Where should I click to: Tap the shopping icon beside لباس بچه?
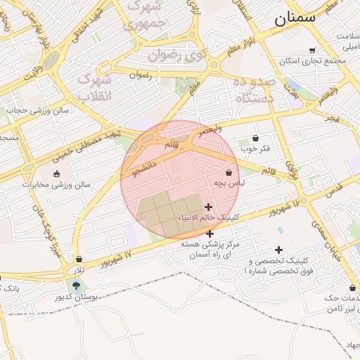229,172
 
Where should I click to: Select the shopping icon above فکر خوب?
255,138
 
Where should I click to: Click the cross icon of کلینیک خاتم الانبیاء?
208,207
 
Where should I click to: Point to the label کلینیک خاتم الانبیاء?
210,217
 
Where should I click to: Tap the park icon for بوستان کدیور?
76,285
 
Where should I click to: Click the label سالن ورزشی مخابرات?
56,185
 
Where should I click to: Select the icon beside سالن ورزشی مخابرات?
57,174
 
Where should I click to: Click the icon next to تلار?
79,259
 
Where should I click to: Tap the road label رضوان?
140,73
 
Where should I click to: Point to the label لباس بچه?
229,183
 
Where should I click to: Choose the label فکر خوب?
255,148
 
